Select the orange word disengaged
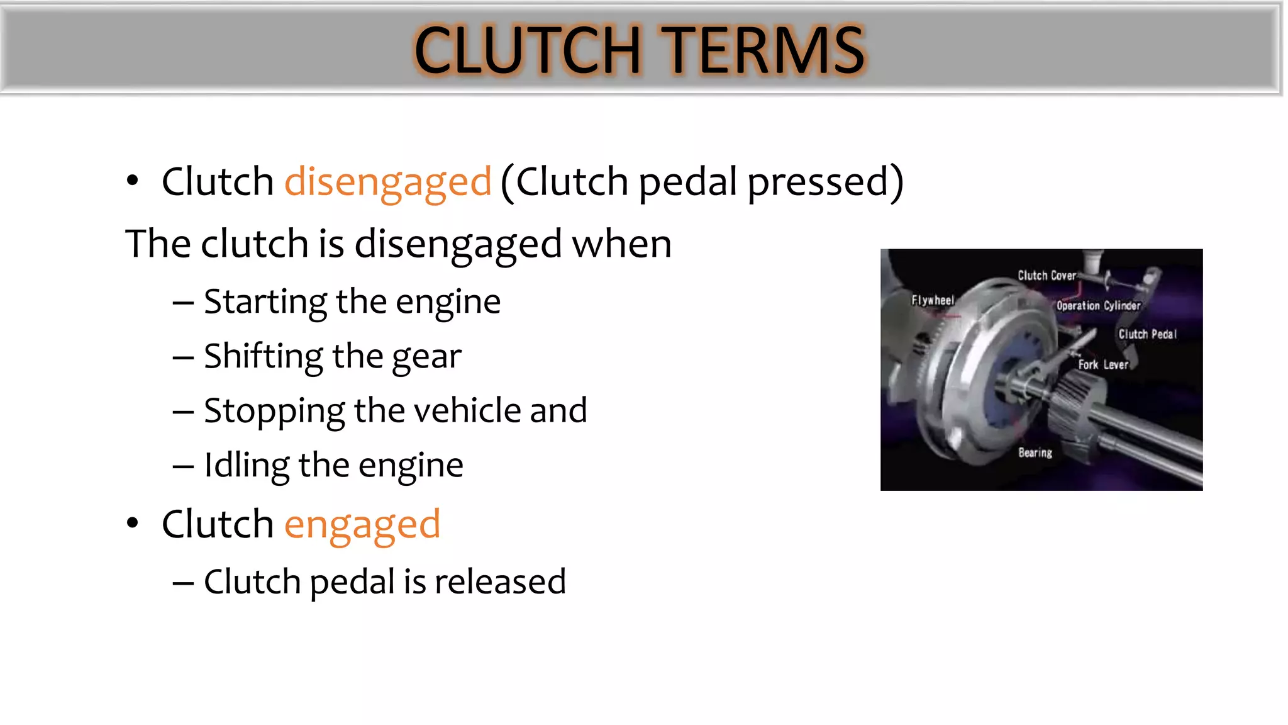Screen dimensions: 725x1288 [x=387, y=183]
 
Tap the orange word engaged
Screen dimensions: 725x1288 [x=362, y=525]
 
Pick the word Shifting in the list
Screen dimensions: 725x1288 [x=263, y=357]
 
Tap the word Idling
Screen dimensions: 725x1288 [x=247, y=466]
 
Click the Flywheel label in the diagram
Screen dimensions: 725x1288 [x=933, y=301]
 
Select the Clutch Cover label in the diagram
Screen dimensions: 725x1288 [x=1046, y=276]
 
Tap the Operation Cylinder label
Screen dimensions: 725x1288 [x=1098, y=306]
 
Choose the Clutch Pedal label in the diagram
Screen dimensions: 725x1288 [x=1147, y=335]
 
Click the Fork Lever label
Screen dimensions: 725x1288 [x=1103, y=365]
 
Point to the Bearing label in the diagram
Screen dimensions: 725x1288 [x=1035, y=453]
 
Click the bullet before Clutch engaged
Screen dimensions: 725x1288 [x=132, y=523]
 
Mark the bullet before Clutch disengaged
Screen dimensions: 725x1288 [x=132, y=181]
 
